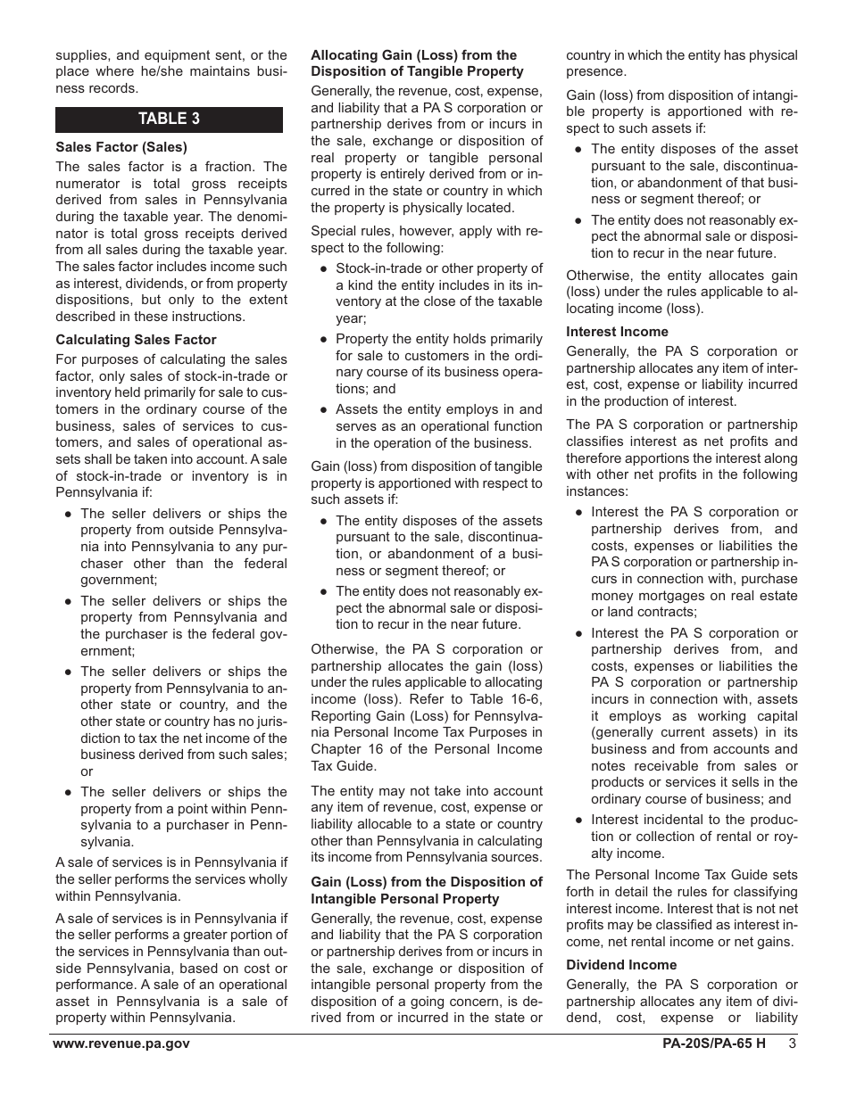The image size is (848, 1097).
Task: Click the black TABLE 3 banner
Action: point(169,120)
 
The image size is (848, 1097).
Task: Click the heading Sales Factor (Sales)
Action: point(121,147)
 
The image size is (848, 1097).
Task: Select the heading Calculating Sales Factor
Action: point(136,340)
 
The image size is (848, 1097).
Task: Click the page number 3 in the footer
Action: point(792,1044)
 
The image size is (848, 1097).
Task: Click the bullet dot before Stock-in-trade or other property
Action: point(323,268)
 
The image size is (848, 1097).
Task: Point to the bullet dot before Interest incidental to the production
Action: point(578,820)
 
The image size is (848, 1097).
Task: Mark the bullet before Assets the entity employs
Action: point(323,409)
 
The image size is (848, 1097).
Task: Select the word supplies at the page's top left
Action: point(83,55)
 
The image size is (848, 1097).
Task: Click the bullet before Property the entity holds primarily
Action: point(323,339)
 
